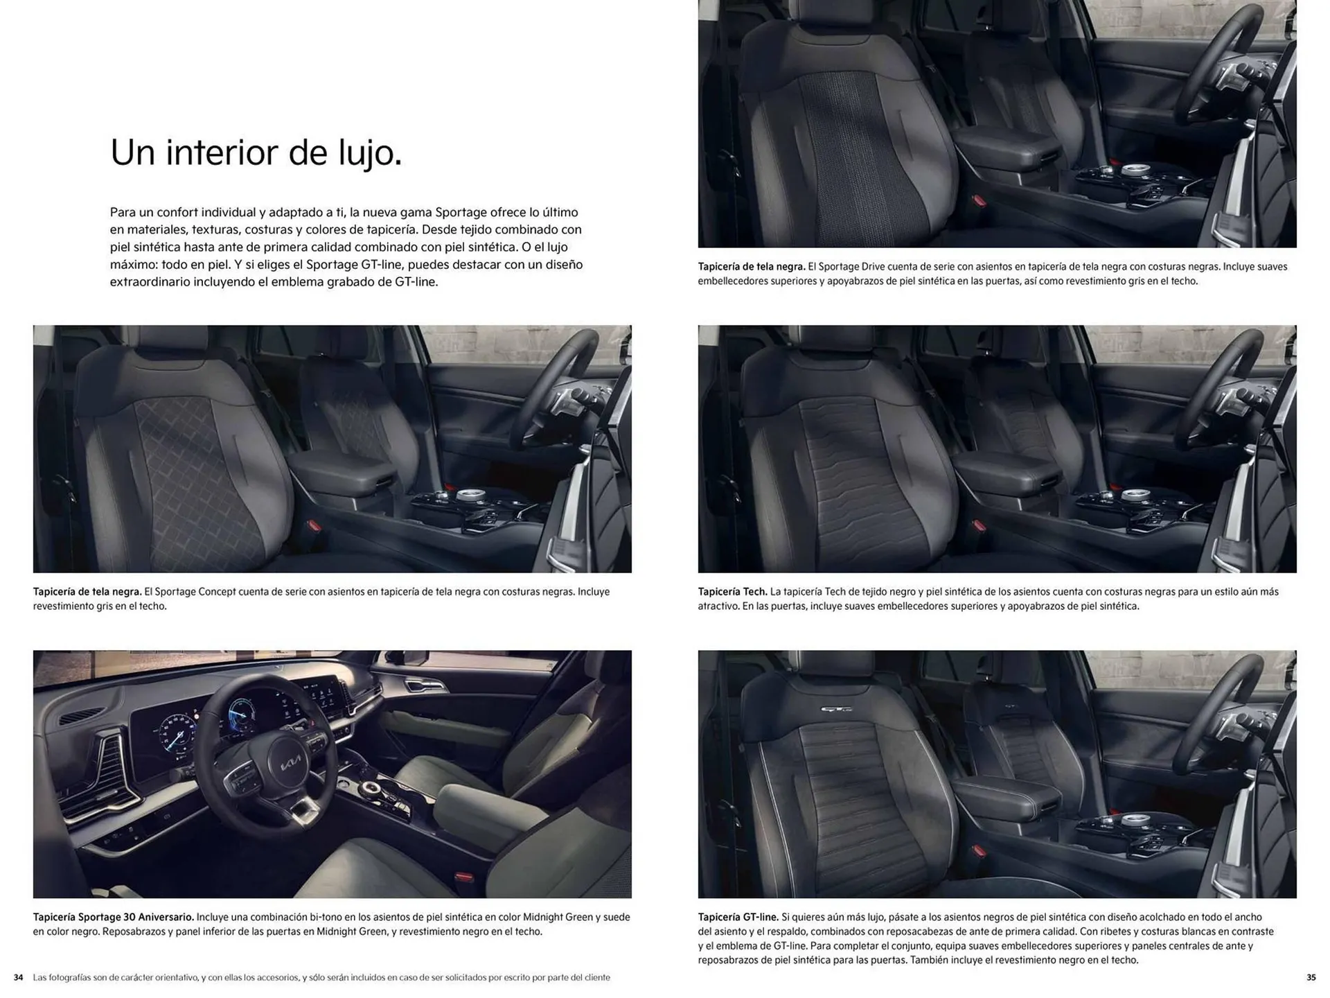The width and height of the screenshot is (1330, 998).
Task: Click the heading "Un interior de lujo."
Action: click(256, 153)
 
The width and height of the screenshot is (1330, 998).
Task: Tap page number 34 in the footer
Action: click(19, 978)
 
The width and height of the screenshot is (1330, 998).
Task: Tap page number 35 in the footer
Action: click(1311, 978)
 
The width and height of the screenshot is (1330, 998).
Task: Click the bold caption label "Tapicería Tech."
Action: click(732, 592)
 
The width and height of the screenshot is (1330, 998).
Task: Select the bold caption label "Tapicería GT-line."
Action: click(738, 917)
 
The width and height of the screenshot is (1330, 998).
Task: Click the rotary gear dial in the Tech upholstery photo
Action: click(1133, 496)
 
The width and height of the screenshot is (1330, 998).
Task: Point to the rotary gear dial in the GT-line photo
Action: click(1133, 821)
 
